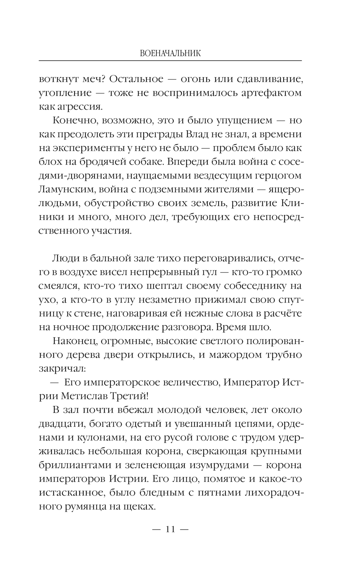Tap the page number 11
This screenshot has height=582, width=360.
pos(170,529)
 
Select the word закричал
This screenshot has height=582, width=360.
pos(62,368)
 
